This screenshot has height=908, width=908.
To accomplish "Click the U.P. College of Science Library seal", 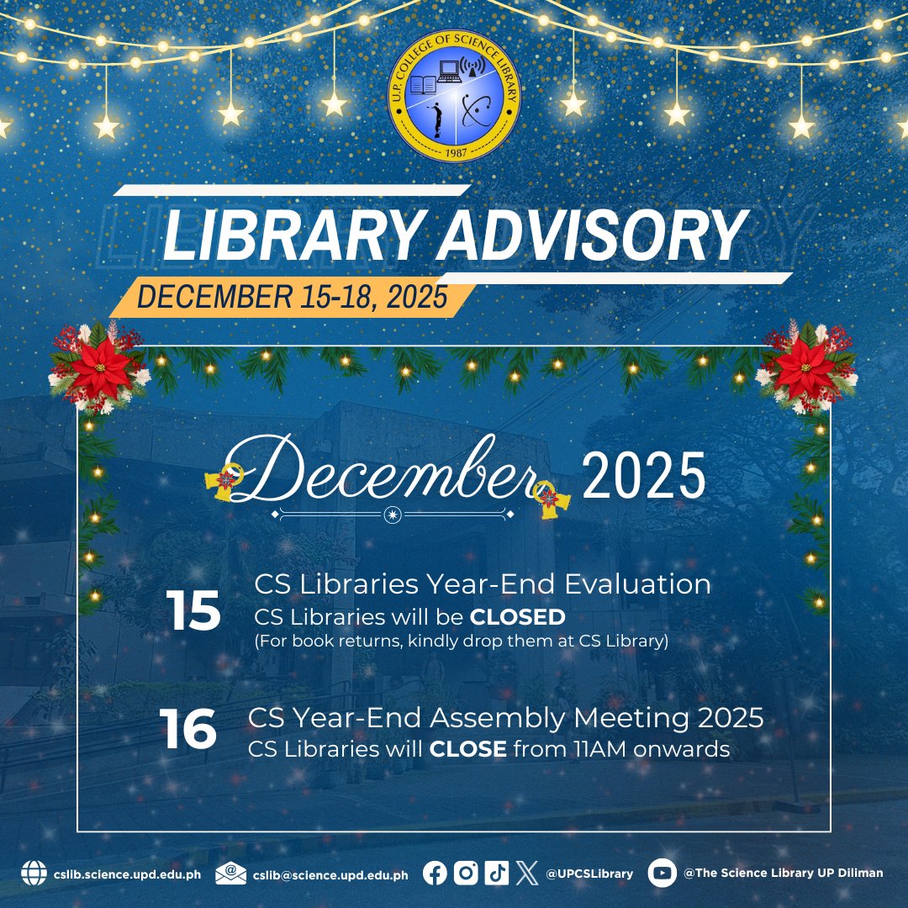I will (454, 99).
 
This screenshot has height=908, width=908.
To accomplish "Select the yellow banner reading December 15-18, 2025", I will (291, 297).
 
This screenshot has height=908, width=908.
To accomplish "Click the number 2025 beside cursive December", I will (643, 478).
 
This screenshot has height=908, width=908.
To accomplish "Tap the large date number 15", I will (193, 611).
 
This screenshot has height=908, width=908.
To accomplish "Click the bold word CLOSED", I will (518, 617).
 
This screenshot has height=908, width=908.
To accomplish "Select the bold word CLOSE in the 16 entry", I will (468, 748).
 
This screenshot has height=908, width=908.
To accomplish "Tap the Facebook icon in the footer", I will (436, 874).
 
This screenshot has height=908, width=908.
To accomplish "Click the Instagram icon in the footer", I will (466, 874).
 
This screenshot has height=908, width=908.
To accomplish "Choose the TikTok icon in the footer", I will (496, 874).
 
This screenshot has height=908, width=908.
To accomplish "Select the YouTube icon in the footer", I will (663, 874).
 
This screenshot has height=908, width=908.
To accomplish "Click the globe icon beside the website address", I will (34, 874).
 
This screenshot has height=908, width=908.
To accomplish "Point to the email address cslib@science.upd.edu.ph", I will (330, 874).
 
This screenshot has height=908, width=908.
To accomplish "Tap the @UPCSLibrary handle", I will (589, 874).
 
